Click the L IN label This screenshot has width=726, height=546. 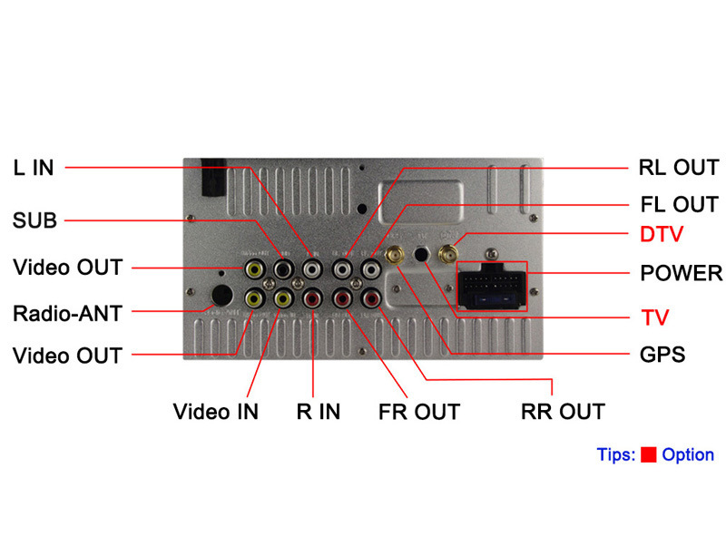coord(34,168)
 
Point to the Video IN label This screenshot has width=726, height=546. coord(216,411)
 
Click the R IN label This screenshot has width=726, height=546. coord(319,411)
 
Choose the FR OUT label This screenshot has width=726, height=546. coord(419,411)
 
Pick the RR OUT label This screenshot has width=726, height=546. coord(563,411)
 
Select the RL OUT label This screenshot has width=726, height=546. coord(679,168)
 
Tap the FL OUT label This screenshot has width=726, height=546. coord(679,204)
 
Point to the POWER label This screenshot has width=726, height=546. coord(682,273)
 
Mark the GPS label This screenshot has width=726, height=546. coord(662,354)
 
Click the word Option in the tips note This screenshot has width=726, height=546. coord(688,455)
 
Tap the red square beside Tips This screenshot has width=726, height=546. coord(648,455)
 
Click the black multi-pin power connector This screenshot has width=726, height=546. coord(491,288)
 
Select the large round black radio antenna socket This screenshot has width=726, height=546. coord(221,296)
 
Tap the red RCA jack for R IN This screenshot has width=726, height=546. coord(313,297)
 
